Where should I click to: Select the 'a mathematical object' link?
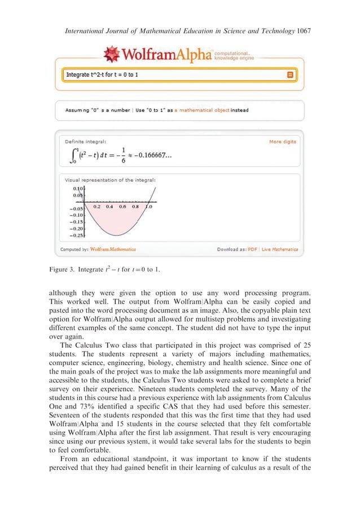(201, 110)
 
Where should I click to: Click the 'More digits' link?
(282, 142)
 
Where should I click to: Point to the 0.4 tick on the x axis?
(109, 207)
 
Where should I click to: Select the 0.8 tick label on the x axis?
(135, 207)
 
